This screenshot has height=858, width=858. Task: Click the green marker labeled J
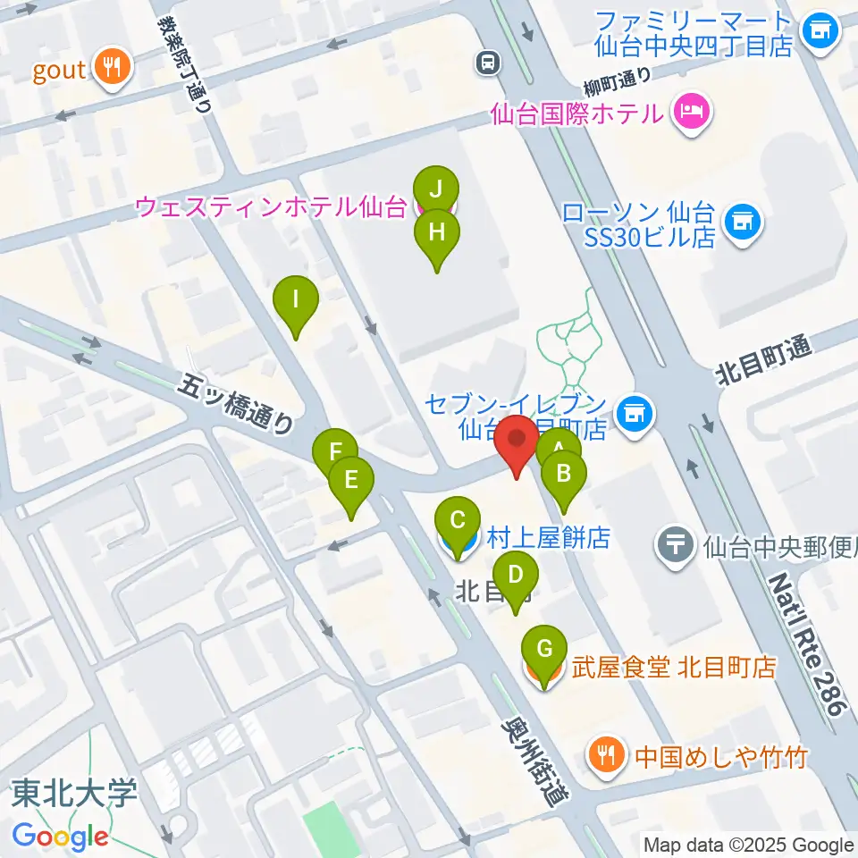tap(436, 189)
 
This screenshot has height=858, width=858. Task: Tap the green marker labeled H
tap(436, 233)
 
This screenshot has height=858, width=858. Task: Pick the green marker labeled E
tap(350, 481)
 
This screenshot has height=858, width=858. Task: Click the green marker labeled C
tap(458, 521)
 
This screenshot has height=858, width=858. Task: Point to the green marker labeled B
tap(563, 474)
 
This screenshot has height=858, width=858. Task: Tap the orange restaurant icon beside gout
tap(112, 69)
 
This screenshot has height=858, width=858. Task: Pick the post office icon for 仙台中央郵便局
tap(677, 542)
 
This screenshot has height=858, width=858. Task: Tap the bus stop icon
tap(487, 63)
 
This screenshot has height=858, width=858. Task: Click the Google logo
tap(60, 837)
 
